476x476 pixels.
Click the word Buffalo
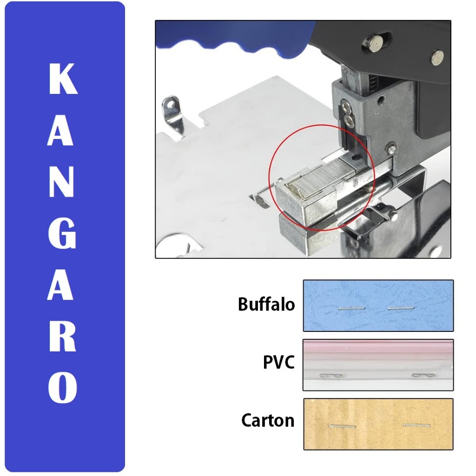click(x=266, y=304)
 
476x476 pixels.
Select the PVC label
click(x=279, y=362)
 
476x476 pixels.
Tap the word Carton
click(x=268, y=420)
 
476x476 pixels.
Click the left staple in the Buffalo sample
click(x=352, y=308)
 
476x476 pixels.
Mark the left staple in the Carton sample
click(x=342, y=426)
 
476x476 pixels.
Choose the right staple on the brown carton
click(x=416, y=425)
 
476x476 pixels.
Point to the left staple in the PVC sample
click(x=331, y=375)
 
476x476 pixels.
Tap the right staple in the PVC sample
click(x=423, y=375)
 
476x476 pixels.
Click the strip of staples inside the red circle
click(x=321, y=181)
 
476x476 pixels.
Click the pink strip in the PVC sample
click(x=377, y=347)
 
